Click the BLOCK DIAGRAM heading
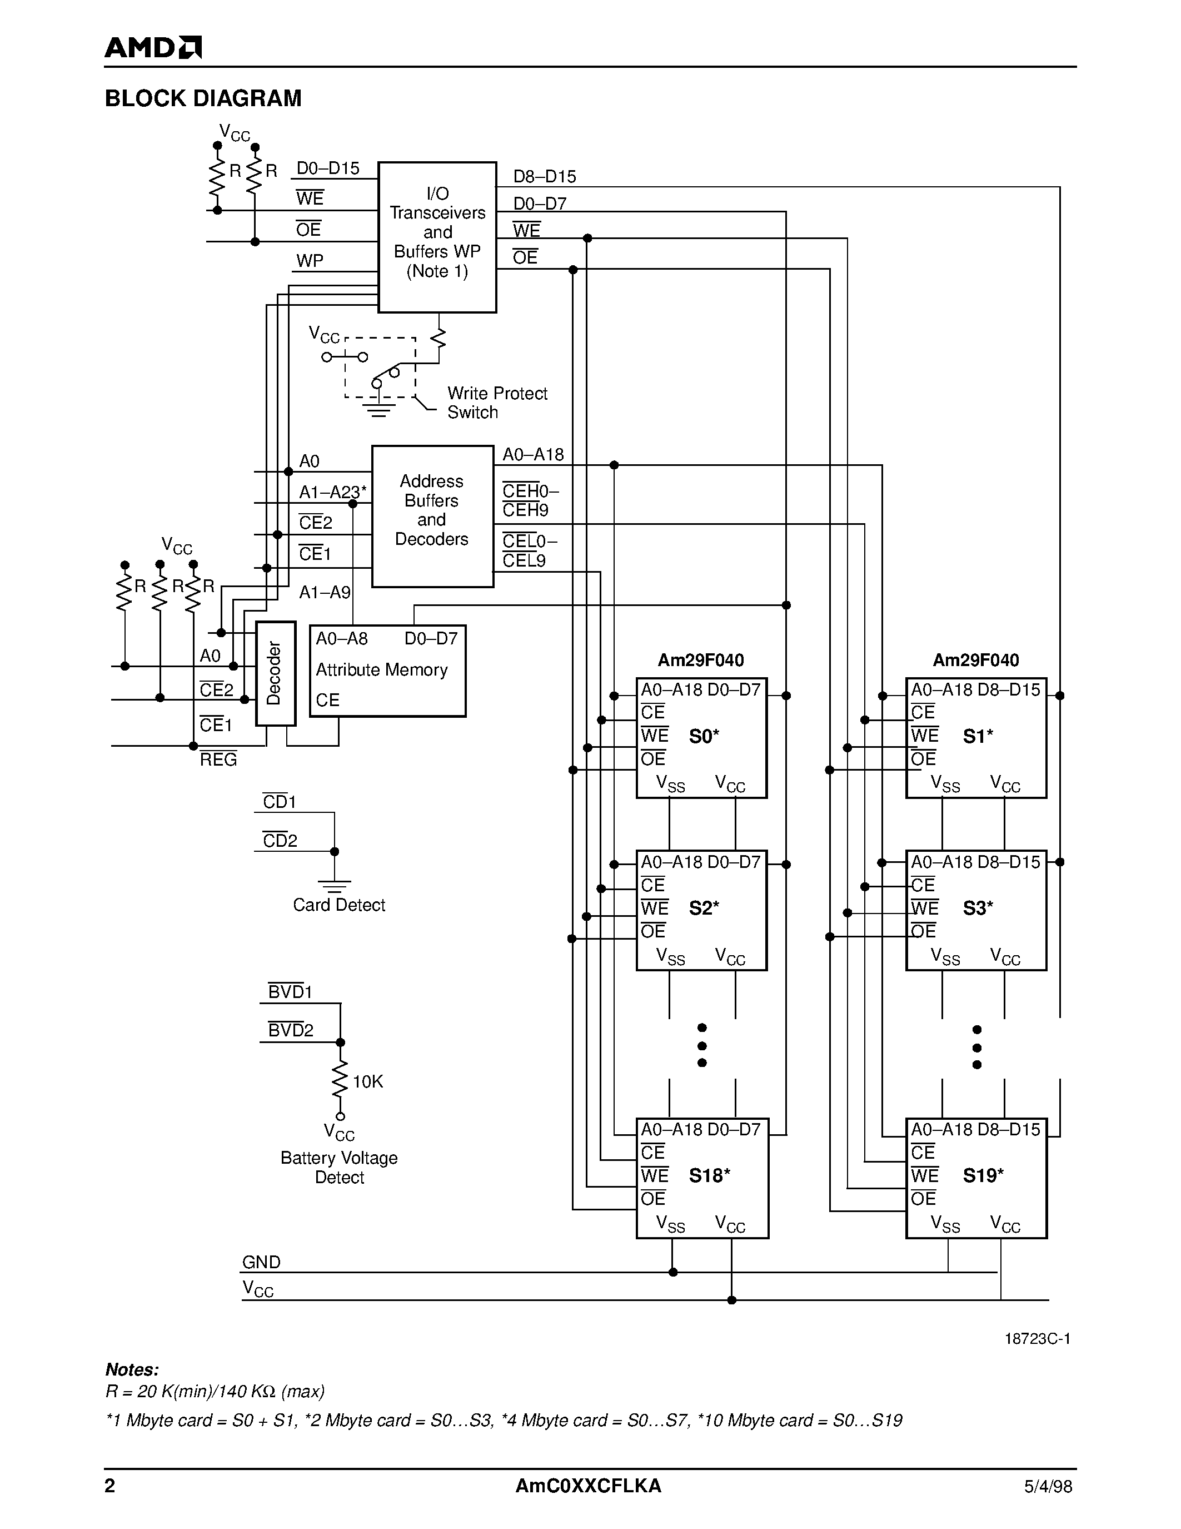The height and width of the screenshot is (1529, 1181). [x=203, y=98]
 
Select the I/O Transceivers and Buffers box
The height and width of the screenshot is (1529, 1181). [x=437, y=237]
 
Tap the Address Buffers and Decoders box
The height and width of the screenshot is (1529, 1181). [x=432, y=515]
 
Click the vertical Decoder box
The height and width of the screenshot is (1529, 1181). [x=275, y=673]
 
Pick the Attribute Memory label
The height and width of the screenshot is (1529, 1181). [x=381, y=670]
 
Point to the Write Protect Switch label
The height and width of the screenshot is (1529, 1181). [x=496, y=403]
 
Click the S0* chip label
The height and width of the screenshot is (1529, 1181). [x=704, y=736]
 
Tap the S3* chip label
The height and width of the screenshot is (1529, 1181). [x=978, y=908]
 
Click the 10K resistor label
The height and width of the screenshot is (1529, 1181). [x=367, y=1081]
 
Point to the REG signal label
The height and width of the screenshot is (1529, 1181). [x=218, y=759]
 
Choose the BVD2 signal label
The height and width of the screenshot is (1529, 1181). [x=290, y=1030]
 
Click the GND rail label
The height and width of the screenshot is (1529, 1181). [x=261, y=1262]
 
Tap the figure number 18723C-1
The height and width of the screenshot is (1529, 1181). [x=1037, y=1339]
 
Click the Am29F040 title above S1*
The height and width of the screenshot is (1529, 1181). [x=975, y=659]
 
